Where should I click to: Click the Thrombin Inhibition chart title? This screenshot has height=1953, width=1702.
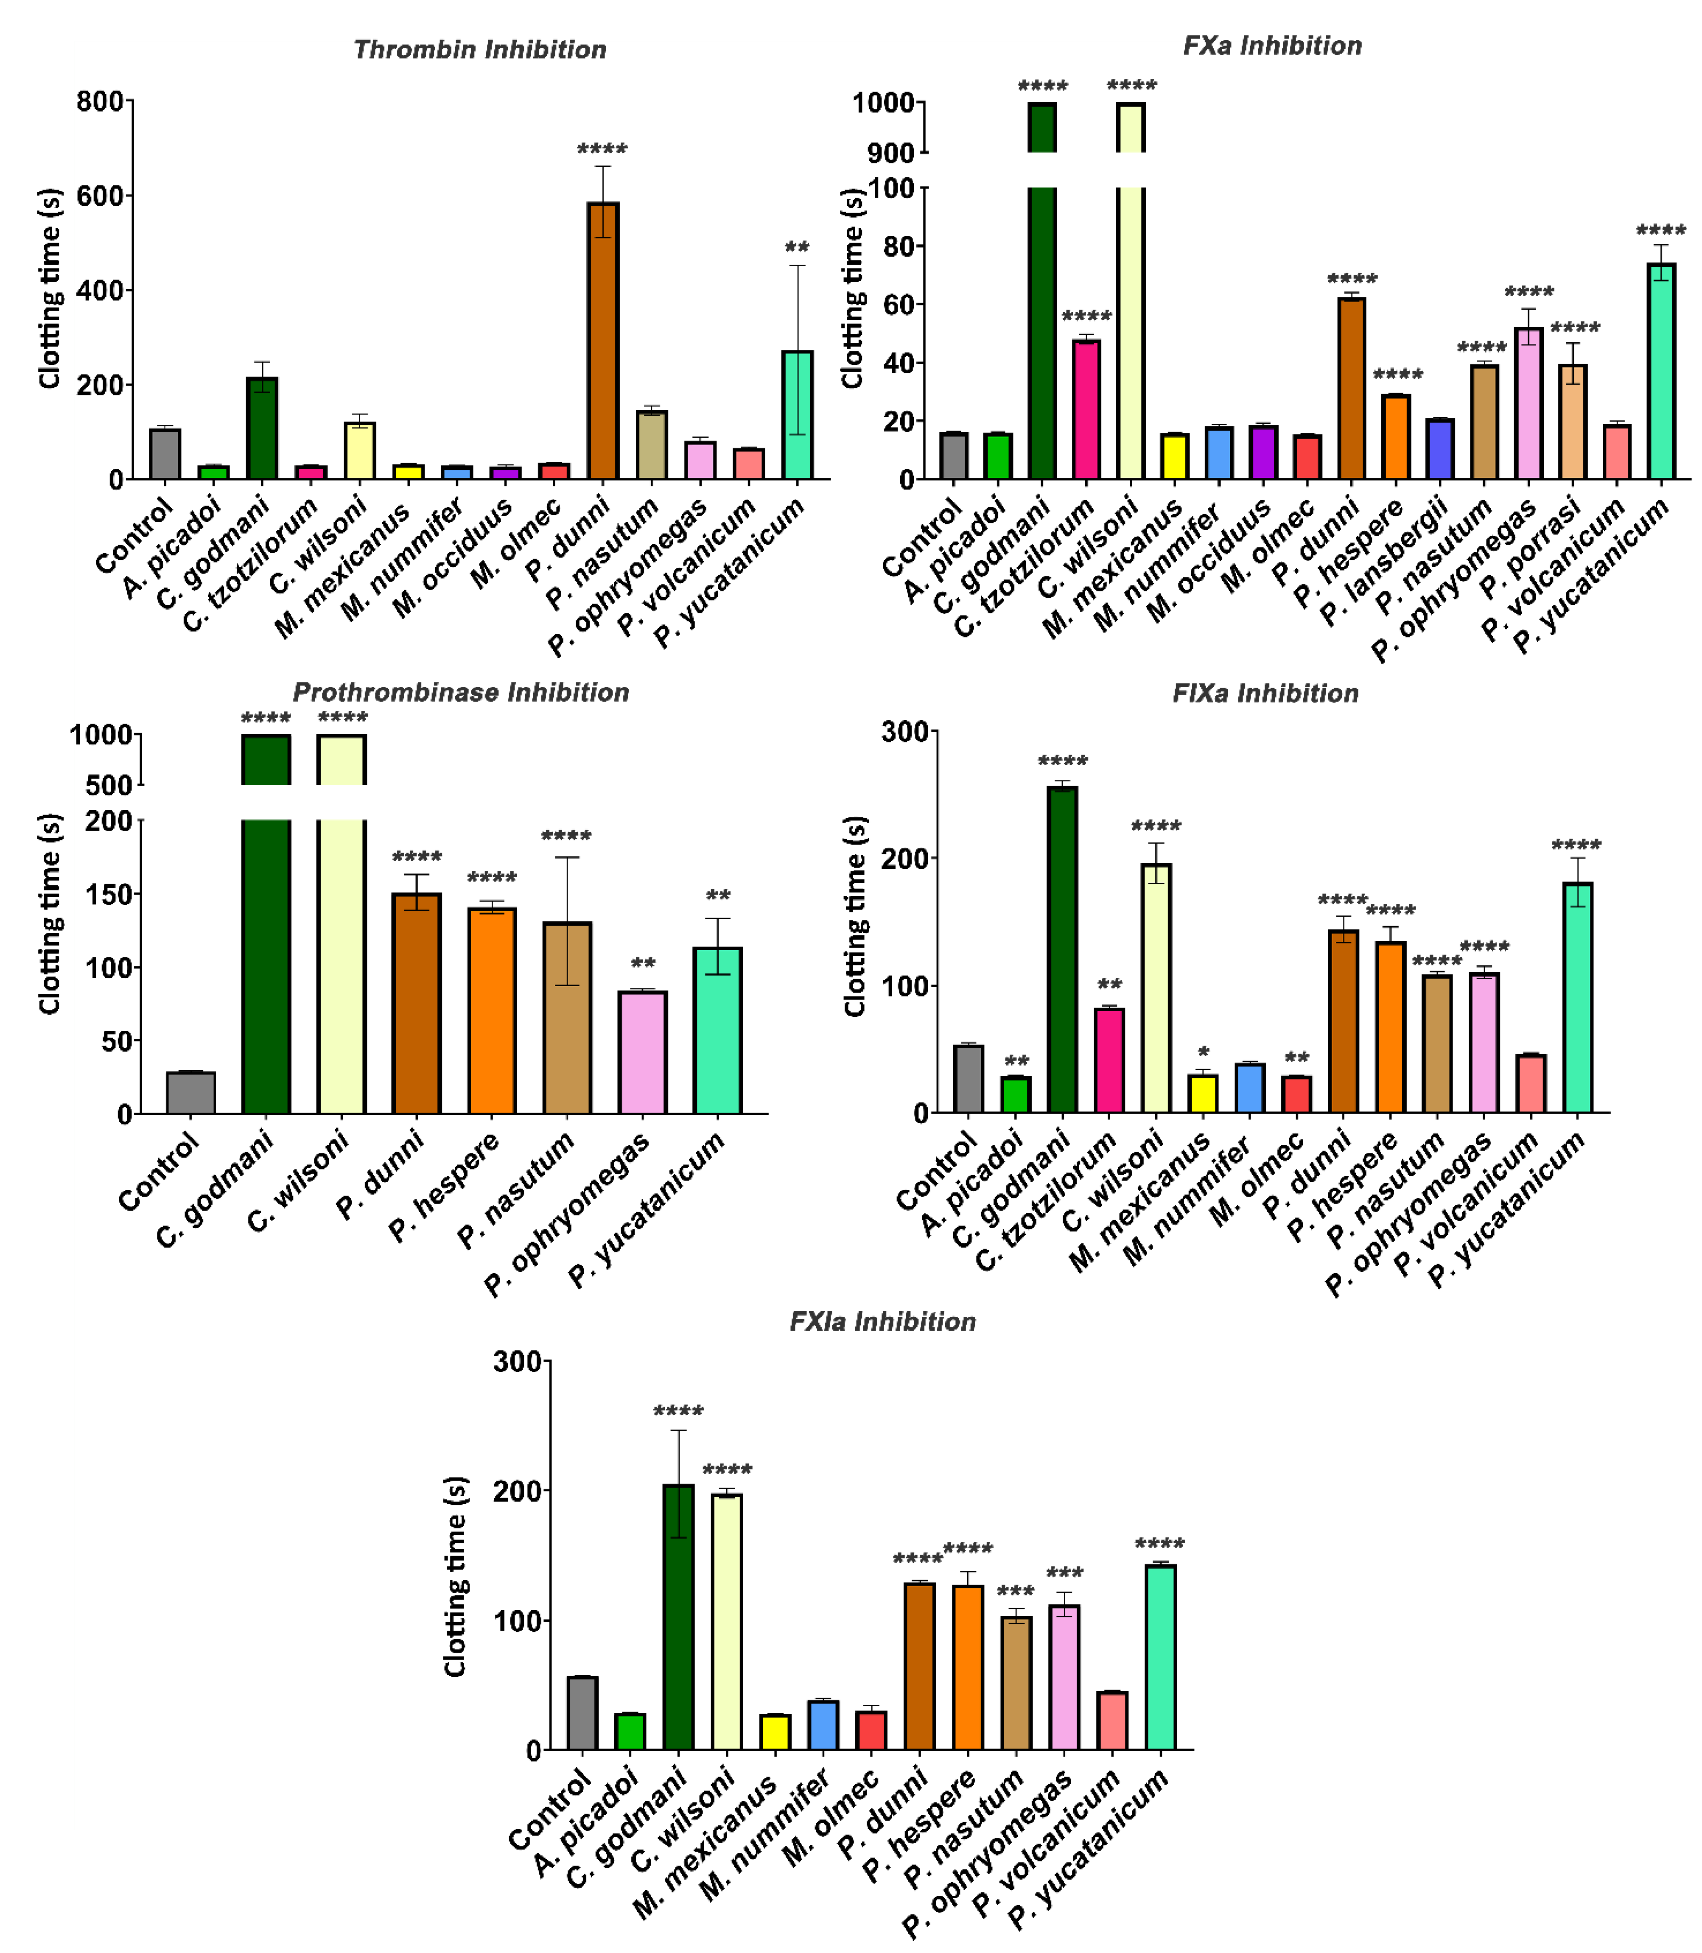tap(480, 49)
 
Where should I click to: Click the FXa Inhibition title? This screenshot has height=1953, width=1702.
tap(1272, 45)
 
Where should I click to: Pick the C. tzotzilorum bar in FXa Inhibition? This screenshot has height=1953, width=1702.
tap(1086, 409)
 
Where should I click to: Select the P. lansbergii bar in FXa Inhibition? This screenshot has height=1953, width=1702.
tap(1440, 448)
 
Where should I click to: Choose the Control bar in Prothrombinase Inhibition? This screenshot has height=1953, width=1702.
tap(191, 1092)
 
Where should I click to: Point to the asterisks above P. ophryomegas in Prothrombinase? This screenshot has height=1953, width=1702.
tap(643, 964)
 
